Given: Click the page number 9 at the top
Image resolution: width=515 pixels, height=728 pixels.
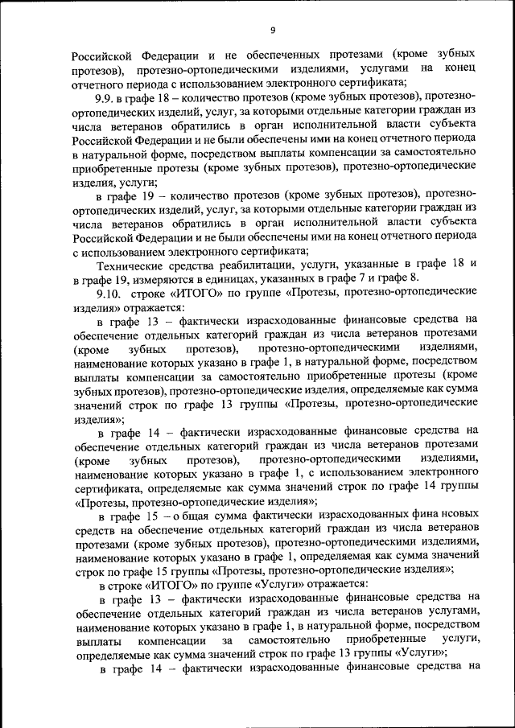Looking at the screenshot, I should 274,30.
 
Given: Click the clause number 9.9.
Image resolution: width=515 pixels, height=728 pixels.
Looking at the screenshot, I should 107,97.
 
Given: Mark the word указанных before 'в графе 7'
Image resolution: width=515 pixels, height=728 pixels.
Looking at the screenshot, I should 322,279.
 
